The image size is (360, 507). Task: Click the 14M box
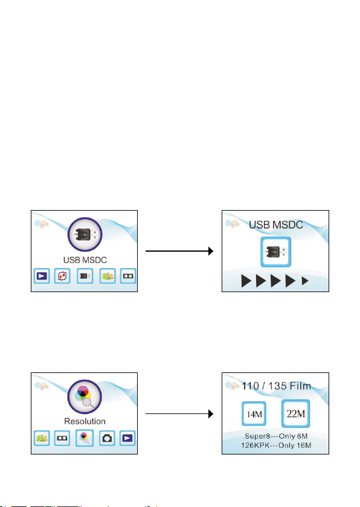(x=254, y=413)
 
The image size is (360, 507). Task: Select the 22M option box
(x=295, y=413)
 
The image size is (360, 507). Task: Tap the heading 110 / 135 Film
(x=276, y=386)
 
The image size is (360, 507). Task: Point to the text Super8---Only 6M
(x=276, y=436)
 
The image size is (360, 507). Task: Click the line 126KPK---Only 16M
(x=276, y=445)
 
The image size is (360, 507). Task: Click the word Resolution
(x=85, y=421)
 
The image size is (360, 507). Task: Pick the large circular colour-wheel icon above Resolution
(x=85, y=397)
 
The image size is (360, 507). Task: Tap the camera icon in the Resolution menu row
(x=107, y=438)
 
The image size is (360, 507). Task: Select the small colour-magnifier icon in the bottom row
(x=85, y=438)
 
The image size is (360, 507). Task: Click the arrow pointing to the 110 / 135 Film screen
(x=179, y=413)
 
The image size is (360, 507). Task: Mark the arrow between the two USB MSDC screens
(x=179, y=251)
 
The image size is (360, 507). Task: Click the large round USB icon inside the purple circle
(x=85, y=234)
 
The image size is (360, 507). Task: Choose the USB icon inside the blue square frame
(x=276, y=252)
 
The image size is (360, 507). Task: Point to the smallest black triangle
(x=304, y=281)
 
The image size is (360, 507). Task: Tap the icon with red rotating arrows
(x=62, y=276)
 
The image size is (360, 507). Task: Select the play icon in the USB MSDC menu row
(x=42, y=276)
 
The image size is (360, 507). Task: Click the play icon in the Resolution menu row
(x=127, y=438)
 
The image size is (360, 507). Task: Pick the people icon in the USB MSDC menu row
(x=108, y=276)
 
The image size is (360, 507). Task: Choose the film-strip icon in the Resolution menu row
(x=62, y=438)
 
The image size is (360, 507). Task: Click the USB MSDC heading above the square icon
(x=276, y=225)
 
